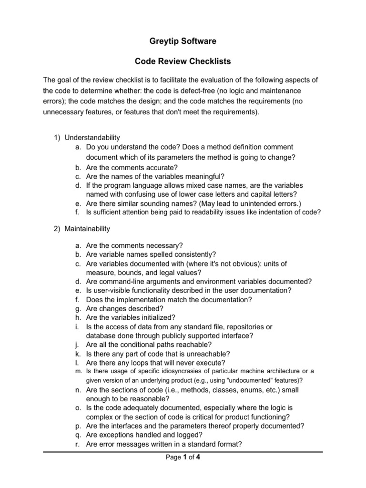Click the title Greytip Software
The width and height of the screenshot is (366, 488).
tap(183, 41)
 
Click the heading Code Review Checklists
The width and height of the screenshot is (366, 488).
tap(183, 62)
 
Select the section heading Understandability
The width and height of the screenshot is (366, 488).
tap(92, 138)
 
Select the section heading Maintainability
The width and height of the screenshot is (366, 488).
tap(87, 229)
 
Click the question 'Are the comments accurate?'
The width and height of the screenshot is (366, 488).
tap(132, 167)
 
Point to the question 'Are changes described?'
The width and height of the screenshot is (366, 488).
tap(125, 308)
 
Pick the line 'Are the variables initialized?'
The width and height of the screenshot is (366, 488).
tap(131, 317)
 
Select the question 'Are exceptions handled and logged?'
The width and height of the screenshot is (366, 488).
tap(144, 435)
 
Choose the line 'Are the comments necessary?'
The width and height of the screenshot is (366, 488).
tap(134, 245)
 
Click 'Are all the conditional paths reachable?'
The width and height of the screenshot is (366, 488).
tap(149, 345)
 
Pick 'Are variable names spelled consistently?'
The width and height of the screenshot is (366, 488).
tap(151, 254)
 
